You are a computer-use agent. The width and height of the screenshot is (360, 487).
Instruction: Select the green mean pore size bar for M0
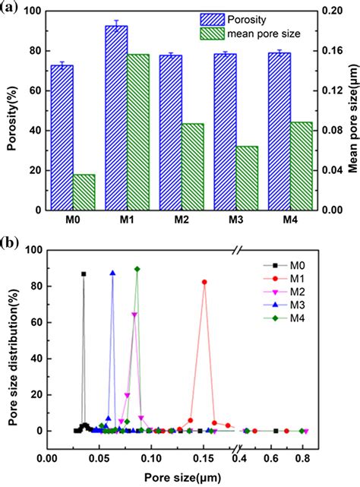coord(84,182)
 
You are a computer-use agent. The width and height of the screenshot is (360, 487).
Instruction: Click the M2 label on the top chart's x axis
coord(182,220)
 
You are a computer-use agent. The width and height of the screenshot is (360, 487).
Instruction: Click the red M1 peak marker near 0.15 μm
coord(204,282)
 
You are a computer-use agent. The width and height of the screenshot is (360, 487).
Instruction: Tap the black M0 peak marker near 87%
coord(84,274)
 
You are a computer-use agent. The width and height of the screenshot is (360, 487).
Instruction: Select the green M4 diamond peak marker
coord(137,269)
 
